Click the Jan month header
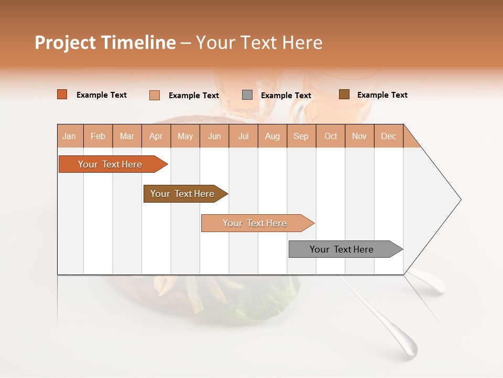click(x=70, y=136)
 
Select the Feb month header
click(x=98, y=136)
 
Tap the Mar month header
click(x=127, y=136)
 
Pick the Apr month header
click(x=156, y=136)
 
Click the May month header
click(x=185, y=136)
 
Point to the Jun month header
click(x=214, y=136)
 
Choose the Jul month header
click(x=243, y=136)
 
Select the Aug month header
click(x=272, y=136)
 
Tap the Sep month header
click(x=301, y=136)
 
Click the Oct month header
click(x=331, y=136)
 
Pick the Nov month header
click(x=359, y=136)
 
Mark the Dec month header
click(x=389, y=136)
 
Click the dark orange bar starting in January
click(x=110, y=164)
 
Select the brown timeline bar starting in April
click(x=182, y=194)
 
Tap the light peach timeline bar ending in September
click(x=255, y=223)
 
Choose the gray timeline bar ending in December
click(x=342, y=249)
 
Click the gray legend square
click(x=247, y=95)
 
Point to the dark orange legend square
click(x=62, y=94)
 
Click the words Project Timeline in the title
click(x=105, y=43)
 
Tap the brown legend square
click(x=344, y=94)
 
